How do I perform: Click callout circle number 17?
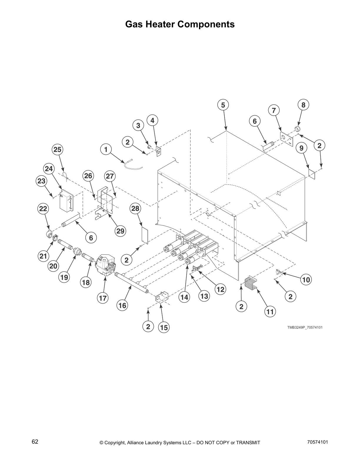coord(103,298)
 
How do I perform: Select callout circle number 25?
coord(57,149)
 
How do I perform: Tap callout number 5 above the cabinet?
coord(223,105)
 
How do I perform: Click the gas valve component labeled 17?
coord(106,265)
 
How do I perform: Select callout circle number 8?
coord(303,105)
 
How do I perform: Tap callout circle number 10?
coord(306,280)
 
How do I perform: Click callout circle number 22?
coord(43,209)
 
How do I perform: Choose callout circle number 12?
coord(220,289)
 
